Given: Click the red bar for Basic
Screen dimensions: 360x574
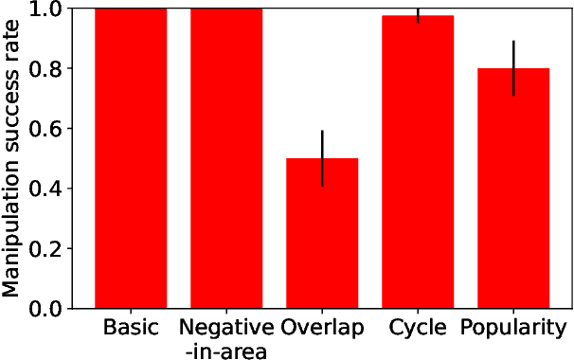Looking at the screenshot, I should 131,158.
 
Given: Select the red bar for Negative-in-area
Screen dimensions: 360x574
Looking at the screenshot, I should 226,158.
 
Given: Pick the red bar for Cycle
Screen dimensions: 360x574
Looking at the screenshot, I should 418,162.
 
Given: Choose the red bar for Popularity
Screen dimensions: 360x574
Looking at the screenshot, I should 513,189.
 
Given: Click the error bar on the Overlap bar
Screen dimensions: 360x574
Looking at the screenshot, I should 322,158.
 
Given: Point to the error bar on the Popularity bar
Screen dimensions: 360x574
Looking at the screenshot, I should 513,68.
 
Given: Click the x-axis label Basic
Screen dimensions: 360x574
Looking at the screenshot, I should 131,329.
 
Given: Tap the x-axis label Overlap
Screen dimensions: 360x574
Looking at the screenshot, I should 322,329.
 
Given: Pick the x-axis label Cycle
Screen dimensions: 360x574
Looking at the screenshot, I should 418,329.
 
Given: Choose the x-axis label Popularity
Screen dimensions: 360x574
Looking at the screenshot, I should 513,329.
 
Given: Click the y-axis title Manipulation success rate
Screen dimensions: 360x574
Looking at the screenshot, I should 12,158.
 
